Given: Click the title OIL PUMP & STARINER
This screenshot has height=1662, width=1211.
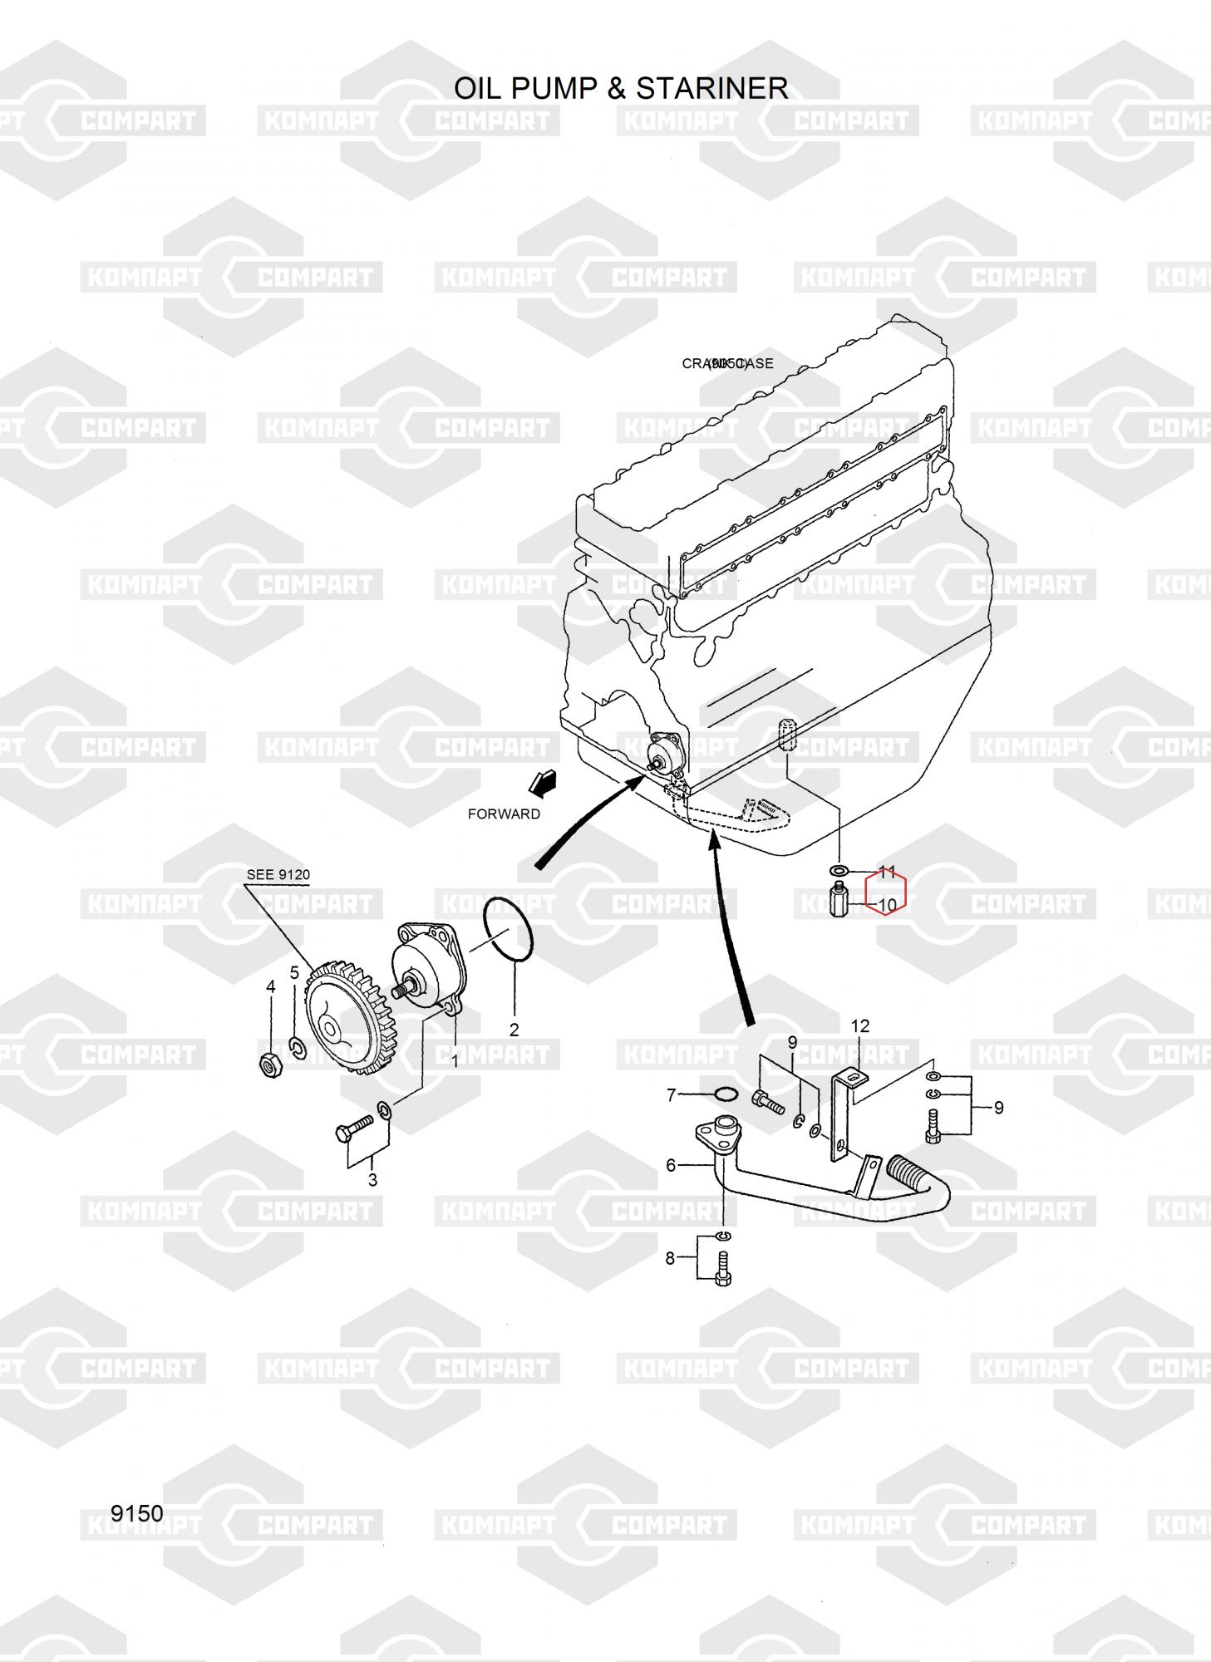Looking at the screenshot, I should pyautogui.click(x=620, y=88).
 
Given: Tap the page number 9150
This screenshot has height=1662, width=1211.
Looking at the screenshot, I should pyautogui.click(x=137, y=1513).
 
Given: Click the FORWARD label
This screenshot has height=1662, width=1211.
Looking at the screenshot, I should pyautogui.click(x=504, y=814).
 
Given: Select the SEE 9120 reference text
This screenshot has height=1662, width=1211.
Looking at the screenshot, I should pyautogui.click(x=278, y=875).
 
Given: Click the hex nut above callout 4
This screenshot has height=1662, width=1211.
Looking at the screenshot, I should pyautogui.click(x=269, y=1065).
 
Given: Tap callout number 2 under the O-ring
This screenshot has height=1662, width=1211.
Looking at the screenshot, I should pyautogui.click(x=514, y=1030).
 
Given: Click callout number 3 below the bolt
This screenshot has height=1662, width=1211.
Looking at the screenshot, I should pyautogui.click(x=372, y=1180).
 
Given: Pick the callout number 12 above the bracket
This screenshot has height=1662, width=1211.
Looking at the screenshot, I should pyautogui.click(x=859, y=1026).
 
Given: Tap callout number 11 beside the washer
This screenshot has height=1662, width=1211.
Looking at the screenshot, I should pyautogui.click(x=888, y=872).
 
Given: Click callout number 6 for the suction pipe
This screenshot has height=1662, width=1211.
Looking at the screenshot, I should pyautogui.click(x=672, y=1165).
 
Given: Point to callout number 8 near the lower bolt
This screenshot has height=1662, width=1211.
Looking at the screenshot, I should pyautogui.click(x=671, y=1258).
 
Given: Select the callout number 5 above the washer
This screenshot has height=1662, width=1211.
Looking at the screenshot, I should pyautogui.click(x=294, y=972).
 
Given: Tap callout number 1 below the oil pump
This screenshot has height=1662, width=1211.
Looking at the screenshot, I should pyautogui.click(x=455, y=1061).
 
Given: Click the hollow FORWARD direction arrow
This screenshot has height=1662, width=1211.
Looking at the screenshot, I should pyautogui.click(x=543, y=782).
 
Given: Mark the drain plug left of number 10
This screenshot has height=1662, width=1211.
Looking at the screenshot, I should pyautogui.click(x=839, y=901).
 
